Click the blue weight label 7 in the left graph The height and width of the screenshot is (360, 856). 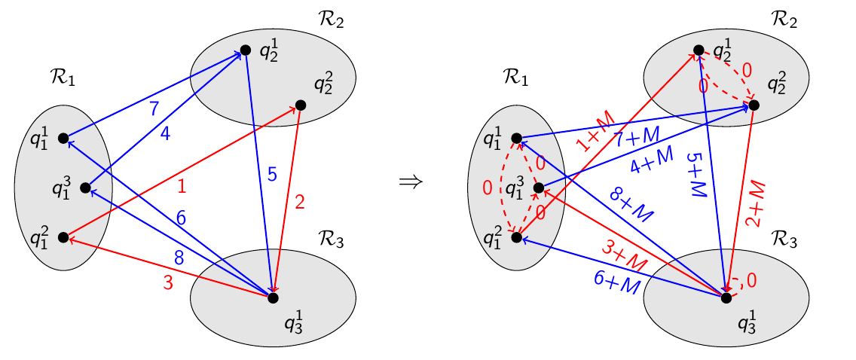154,108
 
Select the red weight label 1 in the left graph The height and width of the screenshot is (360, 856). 181,185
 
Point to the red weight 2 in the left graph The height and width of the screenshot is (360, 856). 300,202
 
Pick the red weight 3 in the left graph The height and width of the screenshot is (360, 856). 167,283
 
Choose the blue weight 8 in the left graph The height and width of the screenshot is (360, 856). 179,257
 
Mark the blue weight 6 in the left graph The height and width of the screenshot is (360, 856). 181,217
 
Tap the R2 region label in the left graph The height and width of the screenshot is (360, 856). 329,20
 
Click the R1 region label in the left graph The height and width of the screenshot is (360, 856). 60,76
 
